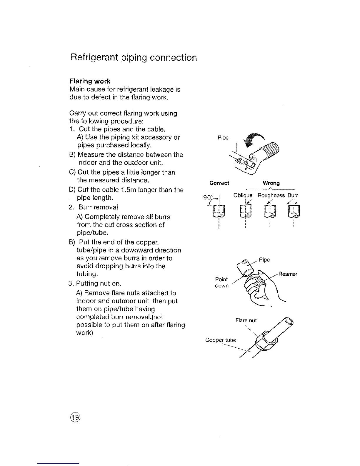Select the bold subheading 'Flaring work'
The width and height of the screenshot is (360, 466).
(90, 81)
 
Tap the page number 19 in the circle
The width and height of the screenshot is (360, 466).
(75, 417)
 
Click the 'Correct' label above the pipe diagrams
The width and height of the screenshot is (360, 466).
(219, 183)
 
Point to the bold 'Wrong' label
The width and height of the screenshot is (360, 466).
(271, 183)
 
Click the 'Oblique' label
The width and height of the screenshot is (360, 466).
(243, 195)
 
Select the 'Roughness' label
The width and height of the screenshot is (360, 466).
(271, 195)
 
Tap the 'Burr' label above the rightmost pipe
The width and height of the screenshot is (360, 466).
(293, 195)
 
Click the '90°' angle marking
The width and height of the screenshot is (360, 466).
(209, 197)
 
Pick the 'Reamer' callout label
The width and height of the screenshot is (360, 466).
(288, 274)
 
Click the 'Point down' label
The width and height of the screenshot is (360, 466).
(222, 282)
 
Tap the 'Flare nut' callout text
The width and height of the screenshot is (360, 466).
(246, 320)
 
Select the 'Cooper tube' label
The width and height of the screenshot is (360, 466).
(221, 340)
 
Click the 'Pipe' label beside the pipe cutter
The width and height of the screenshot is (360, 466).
(223, 138)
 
